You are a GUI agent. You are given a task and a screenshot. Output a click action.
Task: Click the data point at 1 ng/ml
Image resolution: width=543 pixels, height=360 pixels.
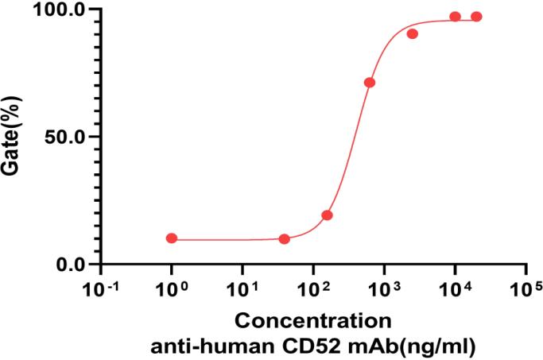coord(172,238)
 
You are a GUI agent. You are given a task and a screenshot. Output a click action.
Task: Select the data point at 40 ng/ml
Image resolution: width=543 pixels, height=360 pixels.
coord(285,239)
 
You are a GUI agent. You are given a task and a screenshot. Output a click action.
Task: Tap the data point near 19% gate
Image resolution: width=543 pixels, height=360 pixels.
coord(327,215)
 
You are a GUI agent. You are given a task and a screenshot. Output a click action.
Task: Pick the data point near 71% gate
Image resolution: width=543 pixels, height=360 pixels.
coord(370,83)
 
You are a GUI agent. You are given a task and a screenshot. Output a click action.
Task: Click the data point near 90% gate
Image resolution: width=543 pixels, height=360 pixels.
coord(413,33)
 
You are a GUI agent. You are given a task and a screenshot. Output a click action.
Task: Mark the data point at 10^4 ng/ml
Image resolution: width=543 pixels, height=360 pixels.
coord(455,17)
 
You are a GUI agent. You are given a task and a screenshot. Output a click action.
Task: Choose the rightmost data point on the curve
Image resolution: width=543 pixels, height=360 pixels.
coord(476,17)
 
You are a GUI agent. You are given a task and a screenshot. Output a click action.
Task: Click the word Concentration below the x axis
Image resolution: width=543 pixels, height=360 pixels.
coord(313,321)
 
